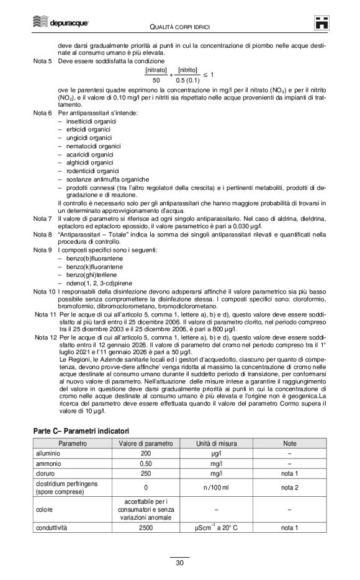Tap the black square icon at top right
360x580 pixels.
point(322,22)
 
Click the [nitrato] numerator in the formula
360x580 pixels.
point(155,70)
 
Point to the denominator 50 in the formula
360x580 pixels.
point(155,80)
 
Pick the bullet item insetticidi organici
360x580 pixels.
point(90,121)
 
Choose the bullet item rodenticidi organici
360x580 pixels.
point(92,171)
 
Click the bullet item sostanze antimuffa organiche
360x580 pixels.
point(102,179)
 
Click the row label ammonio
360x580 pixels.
point(48,465)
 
